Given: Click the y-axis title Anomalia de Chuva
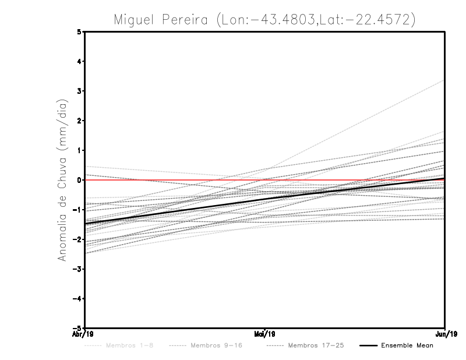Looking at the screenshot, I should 63,180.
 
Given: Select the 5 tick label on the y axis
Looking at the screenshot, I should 79,31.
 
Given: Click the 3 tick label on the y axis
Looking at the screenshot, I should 79,91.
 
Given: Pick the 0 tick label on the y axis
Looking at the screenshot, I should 79,180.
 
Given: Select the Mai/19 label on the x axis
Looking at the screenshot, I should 265,334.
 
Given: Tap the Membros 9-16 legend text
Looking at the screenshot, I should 216,345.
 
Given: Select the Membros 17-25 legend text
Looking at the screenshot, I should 316,345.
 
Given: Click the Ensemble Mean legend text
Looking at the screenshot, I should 407,345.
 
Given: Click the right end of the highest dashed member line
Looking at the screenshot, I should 444,80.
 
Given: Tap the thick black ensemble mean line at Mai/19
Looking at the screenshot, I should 265,199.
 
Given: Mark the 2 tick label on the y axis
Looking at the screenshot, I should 79,121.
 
